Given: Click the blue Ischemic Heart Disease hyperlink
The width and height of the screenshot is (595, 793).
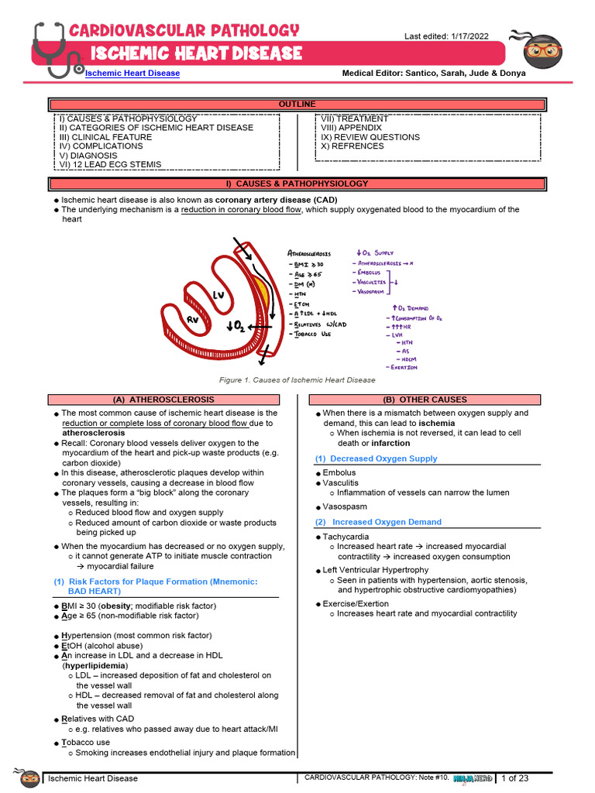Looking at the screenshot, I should (x=132, y=73).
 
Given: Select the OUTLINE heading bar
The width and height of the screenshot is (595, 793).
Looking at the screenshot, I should (x=297, y=104).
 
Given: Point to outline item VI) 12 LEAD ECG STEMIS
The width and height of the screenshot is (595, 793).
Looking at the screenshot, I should (x=110, y=164).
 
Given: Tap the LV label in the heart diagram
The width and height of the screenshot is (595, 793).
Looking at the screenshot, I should (x=219, y=294).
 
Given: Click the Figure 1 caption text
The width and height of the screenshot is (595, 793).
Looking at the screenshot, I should (x=297, y=380).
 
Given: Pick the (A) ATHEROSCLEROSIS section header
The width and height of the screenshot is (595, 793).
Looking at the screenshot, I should (x=163, y=400).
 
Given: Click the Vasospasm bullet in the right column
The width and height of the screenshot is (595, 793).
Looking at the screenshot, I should (x=345, y=506).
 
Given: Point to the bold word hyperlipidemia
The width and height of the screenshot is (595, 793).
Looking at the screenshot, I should (x=95, y=665).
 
